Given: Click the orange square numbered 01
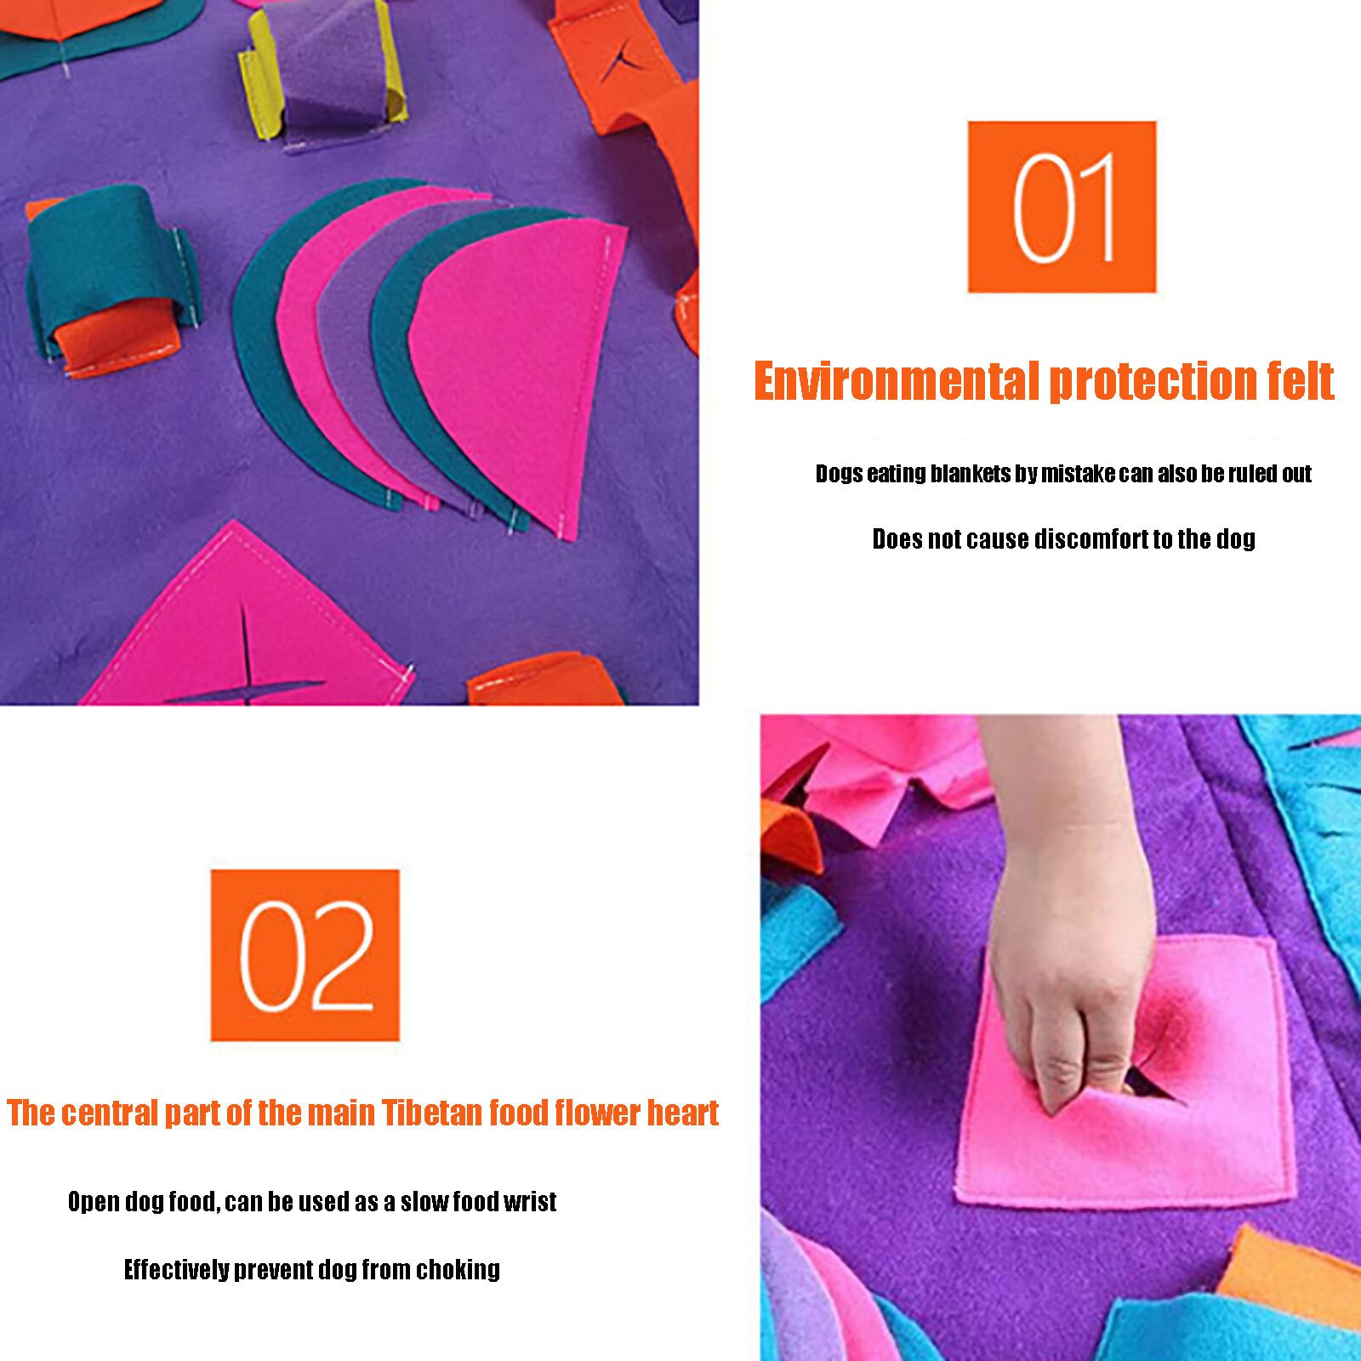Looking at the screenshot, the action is pos(1062,207).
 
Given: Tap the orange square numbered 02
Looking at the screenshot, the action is pos(305,954).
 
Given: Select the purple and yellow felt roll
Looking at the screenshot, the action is pos(323,77).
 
